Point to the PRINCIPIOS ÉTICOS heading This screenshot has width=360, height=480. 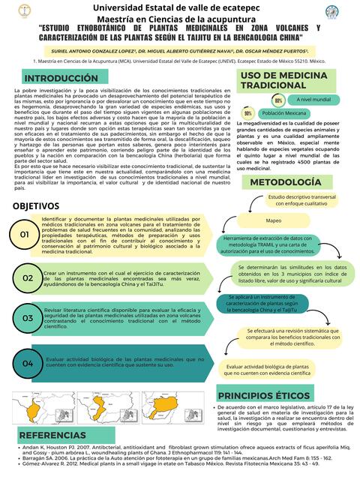275,395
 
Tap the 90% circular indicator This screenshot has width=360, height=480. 247,113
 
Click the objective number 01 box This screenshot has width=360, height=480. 25,235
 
